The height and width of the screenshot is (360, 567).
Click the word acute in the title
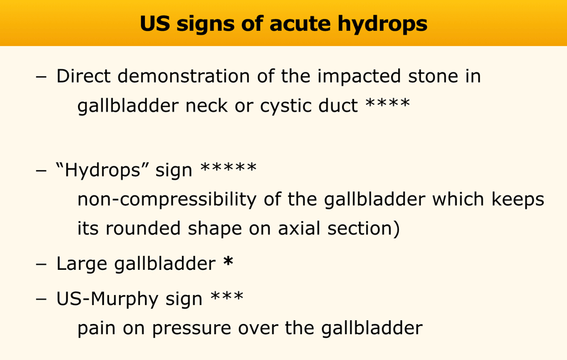pos(299,23)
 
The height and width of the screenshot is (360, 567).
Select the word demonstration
pos(184,76)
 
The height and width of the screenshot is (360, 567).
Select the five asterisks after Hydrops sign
pos(229,167)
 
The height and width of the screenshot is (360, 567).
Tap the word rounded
pos(143,229)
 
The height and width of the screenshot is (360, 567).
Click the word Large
pos(82,264)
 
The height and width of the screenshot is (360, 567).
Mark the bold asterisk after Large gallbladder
pos(228,261)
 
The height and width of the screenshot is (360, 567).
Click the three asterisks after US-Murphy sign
pos(227,296)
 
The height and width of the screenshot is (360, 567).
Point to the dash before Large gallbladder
pos(41,264)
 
